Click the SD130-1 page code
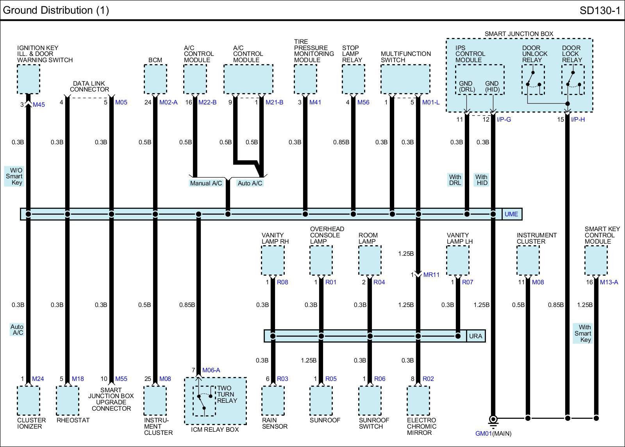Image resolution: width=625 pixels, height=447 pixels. tap(600, 11)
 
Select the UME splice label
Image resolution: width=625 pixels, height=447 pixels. tap(511, 214)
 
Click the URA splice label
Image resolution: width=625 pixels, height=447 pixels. tap(475, 336)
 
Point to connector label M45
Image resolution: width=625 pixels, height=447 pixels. tap(39, 104)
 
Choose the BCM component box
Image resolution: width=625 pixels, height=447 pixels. tap(155, 79)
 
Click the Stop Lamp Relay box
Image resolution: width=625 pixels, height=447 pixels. tap(353, 79)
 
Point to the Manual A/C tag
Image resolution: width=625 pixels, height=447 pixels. tap(206, 183)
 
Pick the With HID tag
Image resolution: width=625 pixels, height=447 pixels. tap(481, 180)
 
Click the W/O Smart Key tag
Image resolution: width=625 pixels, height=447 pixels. tap(14, 176)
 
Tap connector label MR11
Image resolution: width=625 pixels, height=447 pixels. tap(431, 275)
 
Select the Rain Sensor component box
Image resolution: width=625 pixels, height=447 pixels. tap(273, 401)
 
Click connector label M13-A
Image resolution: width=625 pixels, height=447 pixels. tap(609, 282)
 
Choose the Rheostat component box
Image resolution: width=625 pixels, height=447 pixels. tap(67, 401)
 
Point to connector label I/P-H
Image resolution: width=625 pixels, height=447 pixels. tap(578, 120)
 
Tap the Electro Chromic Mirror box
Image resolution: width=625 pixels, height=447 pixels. tap(418, 401)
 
